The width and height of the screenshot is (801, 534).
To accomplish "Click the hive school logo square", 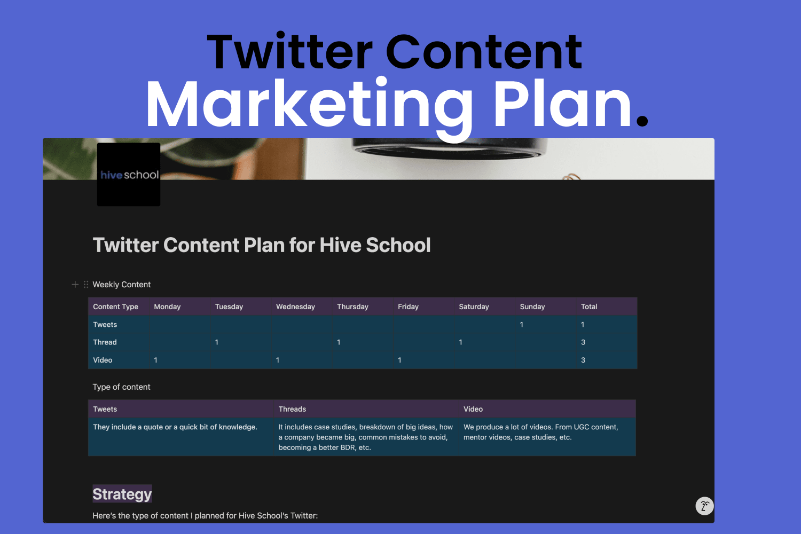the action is point(129,174).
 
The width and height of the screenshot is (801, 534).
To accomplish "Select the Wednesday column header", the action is point(295,307).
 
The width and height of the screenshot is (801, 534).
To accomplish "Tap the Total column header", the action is point(589,307).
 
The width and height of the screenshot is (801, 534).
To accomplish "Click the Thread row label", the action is point(105,342).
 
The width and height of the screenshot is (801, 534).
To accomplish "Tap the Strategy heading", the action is point(122,494).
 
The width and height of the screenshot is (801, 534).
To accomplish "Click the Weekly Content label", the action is point(122,284).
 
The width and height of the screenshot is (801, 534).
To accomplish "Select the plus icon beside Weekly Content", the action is point(75,284).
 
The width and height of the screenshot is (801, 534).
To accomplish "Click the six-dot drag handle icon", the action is point(86,284).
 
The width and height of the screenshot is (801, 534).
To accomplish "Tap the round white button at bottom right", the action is point(704,506).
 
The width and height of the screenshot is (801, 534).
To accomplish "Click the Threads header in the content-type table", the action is point(292,409).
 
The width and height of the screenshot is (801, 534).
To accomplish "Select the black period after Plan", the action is point(642,120).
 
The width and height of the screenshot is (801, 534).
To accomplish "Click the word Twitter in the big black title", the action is point(290,52).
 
